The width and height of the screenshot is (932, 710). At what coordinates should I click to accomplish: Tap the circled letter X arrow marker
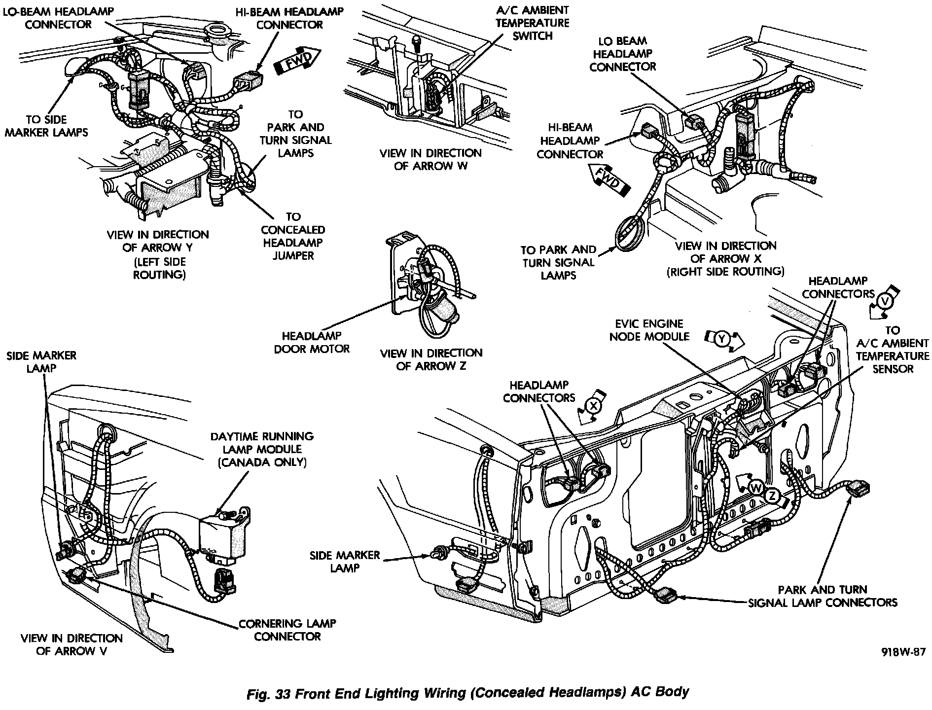click(x=594, y=405)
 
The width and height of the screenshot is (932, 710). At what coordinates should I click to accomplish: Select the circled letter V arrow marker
click(x=884, y=301)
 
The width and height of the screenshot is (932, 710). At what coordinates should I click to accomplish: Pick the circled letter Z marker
click(x=772, y=496)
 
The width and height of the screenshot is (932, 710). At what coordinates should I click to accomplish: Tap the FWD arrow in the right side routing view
click(x=608, y=179)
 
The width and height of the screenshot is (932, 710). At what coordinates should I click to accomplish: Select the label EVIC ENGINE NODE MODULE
click(x=649, y=330)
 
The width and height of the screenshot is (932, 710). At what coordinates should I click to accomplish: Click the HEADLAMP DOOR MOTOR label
click(x=312, y=342)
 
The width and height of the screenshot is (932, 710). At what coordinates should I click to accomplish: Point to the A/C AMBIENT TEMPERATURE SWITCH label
click(x=533, y=23)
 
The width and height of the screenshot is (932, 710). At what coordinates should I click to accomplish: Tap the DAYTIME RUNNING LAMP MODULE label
click(x=262, y=443)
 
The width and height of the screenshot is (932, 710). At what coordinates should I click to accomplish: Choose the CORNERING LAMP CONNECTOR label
click(x=287, y=630)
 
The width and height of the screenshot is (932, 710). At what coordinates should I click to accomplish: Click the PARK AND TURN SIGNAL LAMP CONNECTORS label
click(x=823, y=596)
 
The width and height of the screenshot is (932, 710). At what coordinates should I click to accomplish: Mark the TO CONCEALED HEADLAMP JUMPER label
click(x=293, y=236)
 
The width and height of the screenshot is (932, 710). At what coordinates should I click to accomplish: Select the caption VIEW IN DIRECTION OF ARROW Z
click(x=431, y=359)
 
